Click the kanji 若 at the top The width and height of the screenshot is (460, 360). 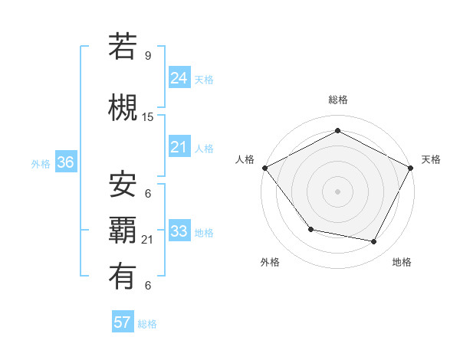(x=123, y=47)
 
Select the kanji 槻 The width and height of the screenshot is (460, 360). (x=123, y=108)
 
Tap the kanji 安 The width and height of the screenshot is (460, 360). (x=123, y=185)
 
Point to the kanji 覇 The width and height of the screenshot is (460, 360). (x=123, y=231)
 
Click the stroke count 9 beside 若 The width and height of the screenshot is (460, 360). (x=148, y=55)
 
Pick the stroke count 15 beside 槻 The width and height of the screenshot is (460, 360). (x=148, y=117)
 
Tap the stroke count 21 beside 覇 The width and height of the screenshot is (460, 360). (x=148, y=240)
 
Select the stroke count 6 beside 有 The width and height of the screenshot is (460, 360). (x=148, y=286)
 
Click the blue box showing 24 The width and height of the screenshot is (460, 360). (x=179, y=77)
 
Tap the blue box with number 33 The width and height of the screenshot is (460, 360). (x=179, y=231)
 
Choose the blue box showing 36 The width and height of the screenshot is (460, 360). (x=65, y=162)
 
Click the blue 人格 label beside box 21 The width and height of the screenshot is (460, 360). (x=204, y=148)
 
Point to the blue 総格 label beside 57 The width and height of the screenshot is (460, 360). (x=147, y=324)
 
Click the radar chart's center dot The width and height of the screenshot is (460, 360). (x=337, y=191)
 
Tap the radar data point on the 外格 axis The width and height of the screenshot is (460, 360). (x=310, y=229)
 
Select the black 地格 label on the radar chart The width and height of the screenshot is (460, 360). (x=402, y=262)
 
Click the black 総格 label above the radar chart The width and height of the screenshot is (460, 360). (x=337, y=100)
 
